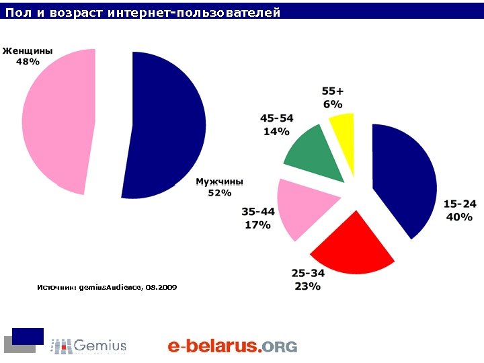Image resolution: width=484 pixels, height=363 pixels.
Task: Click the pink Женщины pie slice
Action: [x=57, y=121]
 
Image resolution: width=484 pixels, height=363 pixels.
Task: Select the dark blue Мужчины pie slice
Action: [x=168, y=124]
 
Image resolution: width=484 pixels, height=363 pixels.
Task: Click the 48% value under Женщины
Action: [x=28, y=61]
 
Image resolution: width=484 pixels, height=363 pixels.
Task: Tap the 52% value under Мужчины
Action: [x=220, y=193]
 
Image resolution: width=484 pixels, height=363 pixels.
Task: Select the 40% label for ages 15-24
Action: [x=459, y=217]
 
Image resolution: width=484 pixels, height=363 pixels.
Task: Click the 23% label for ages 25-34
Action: [x=307, y=286]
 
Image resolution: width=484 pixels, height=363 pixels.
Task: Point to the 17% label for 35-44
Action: [x=257, y=225]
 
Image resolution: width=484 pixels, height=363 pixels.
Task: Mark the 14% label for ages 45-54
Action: [x=276, y=131]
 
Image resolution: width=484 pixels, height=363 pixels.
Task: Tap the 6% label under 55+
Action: [x=333, y=104]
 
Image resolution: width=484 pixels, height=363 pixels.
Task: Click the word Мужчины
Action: [x=219, y=182]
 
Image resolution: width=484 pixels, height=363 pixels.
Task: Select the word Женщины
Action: [x=28, y=50]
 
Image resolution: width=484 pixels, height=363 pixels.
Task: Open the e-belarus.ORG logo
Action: [x=232, y=346]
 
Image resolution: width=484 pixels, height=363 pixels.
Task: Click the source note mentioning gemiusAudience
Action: [x=108, y=287]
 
